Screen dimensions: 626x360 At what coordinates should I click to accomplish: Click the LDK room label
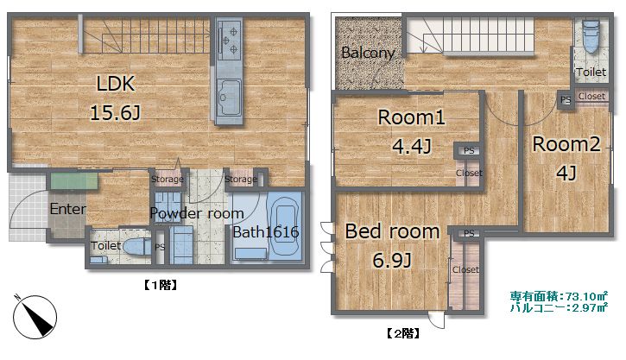(x=116, y=84)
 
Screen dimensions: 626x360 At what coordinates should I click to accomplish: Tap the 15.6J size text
(x=116, y=112)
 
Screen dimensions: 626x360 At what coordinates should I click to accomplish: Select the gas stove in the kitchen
(x=229, y=40)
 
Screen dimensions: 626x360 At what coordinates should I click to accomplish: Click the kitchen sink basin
(x=229, y=98)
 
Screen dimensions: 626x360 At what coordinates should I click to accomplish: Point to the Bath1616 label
(x=266, y=231)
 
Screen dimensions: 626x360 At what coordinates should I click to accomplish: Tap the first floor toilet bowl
(x=136, y=247)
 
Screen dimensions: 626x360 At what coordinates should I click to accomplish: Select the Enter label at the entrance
(x=68, y=209)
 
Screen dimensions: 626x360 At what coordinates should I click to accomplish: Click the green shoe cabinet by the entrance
(x=74, y=180)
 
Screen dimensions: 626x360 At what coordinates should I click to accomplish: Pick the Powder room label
(x=197, y=213)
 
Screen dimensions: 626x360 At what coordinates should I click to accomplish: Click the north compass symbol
(x=35, y=317)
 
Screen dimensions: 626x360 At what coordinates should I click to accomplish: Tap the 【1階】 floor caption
(x=160, y=285)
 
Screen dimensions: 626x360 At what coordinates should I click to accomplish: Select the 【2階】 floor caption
(x=403, y=333)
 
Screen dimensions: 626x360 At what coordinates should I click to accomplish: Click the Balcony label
(x=368, y=53)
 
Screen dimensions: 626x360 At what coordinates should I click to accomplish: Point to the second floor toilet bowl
(x=591, y=36)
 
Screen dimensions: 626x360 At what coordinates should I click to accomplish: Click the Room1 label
(x=411, y=117)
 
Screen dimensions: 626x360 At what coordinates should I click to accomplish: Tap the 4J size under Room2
(x=566, y=173)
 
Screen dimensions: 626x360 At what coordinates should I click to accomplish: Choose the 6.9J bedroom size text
(x=392, y=260)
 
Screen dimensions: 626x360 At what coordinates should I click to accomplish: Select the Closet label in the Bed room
(x=465, y=270)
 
